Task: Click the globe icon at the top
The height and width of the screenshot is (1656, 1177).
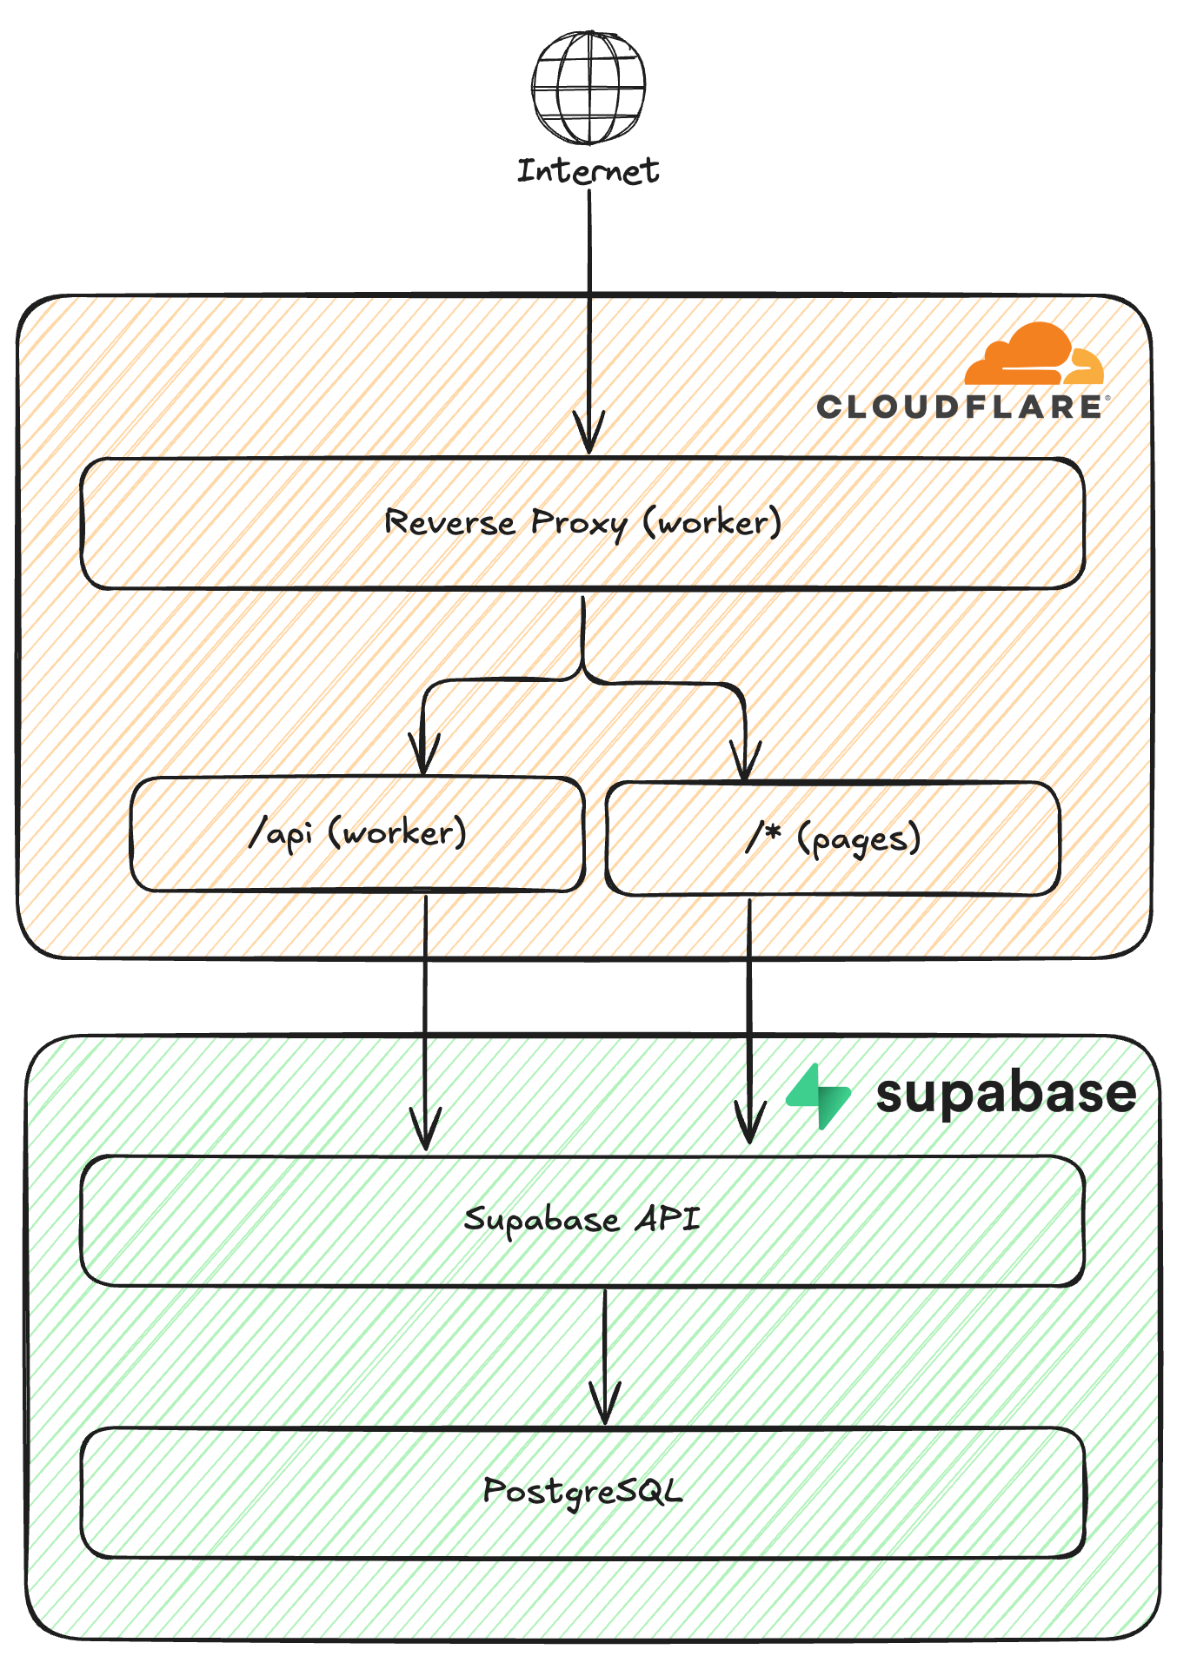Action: [589, 87]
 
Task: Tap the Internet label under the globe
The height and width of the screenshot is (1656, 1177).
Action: [588, 171]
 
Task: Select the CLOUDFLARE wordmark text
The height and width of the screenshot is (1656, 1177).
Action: [960, 407]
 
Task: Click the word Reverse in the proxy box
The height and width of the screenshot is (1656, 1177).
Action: [449, 522]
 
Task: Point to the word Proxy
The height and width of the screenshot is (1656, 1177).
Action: [578, 523]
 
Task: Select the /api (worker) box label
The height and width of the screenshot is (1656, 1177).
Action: [357, 833]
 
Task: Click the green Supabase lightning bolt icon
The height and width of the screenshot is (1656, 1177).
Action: [819, 1096]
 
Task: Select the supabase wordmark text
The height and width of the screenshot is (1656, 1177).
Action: [1006, 1094]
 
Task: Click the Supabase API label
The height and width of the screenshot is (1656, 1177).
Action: [582, 1219]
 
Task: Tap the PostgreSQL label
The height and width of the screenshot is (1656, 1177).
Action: [582, 1491]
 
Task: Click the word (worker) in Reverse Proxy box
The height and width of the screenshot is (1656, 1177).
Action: [712, 522]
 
